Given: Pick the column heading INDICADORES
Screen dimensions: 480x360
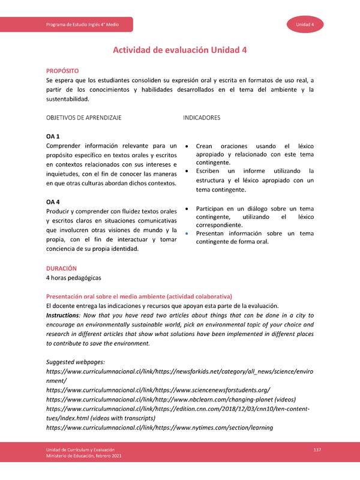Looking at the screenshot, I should pos(201,118).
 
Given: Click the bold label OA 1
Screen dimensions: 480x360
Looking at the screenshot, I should pos(53,136).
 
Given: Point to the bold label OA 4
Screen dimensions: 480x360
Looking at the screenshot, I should pos(53,202).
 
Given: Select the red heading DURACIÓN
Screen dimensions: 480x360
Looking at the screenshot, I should pos(61,268).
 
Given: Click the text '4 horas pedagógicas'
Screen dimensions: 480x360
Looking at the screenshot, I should pos(74,278).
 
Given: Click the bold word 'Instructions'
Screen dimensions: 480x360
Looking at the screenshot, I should pos(63,316).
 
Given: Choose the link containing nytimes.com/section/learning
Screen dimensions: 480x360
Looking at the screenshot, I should pos(159,428).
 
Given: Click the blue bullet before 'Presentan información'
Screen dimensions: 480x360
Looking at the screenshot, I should pos(187,233).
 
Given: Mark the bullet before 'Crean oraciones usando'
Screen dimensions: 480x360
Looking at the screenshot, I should pos(187,146).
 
